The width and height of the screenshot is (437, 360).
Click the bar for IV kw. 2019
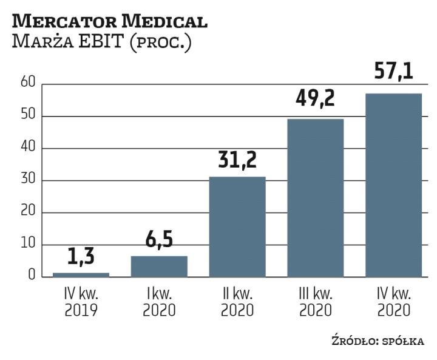point(81,274)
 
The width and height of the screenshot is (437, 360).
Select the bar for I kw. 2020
point(159,267)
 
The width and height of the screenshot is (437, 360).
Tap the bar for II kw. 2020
point(237,226)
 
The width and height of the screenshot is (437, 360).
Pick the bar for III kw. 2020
point(315,198)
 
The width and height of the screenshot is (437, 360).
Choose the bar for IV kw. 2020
point(393,185)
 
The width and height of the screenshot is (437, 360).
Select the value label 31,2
point(237,161)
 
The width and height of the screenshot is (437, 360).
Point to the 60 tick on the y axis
point(29,84)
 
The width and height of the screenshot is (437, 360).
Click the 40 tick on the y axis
point(29,148)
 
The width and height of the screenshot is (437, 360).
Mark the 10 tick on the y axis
point(29,245)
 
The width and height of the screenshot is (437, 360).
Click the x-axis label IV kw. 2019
point(81,302)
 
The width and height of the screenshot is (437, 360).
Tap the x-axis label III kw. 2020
point(315,302)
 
